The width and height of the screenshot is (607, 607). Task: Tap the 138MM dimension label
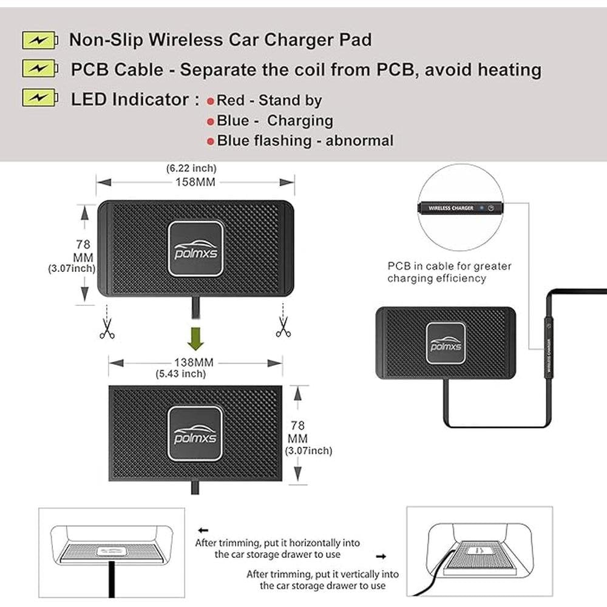195,362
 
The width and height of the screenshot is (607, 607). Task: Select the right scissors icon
283,327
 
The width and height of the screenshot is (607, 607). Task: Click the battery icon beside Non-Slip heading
41,41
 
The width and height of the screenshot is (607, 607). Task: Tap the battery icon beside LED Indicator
41,97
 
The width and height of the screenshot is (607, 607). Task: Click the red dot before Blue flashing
211,141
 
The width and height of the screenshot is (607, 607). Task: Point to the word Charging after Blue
300,120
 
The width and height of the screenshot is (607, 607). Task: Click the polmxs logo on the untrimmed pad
195,249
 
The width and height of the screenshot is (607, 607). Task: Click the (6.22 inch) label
191,168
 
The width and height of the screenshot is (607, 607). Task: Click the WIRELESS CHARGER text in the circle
451,208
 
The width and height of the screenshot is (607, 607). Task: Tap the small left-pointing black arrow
203,529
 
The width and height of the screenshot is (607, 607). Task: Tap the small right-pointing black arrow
381,555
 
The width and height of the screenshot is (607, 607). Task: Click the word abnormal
359,141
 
